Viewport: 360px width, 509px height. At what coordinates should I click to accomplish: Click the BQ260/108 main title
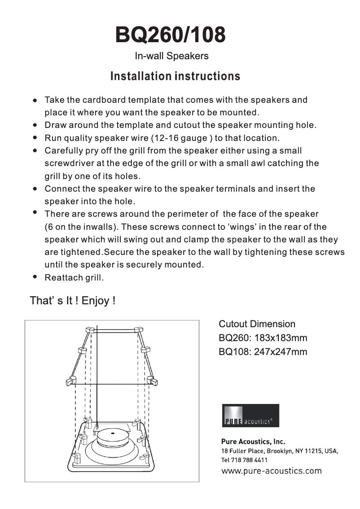pos(170,35)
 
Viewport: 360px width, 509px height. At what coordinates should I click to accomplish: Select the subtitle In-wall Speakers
pos(171,56)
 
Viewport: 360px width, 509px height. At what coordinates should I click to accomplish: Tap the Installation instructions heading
pos(175,76)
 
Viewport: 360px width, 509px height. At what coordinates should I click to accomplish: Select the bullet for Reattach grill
pos(35,277)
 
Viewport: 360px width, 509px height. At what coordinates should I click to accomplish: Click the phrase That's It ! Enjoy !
pos(72,301)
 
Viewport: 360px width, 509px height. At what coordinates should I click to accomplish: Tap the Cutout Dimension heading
pos(257,324)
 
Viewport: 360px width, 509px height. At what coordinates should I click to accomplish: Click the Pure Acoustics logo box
pos(250,416)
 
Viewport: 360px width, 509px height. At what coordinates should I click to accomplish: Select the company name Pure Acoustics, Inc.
pos(253,441)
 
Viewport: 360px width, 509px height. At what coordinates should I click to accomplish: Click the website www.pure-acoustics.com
pos(271,471)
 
